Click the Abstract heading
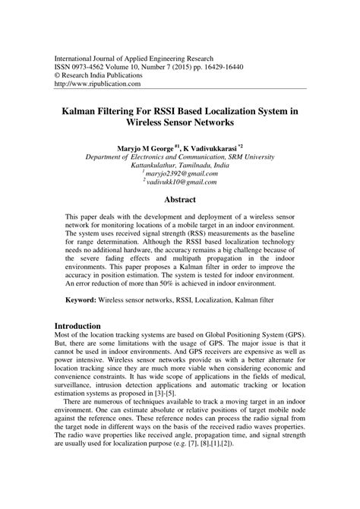[x=179, y=199]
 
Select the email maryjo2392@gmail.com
[x=181, y=172]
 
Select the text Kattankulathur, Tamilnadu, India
[x=180, y=163]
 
